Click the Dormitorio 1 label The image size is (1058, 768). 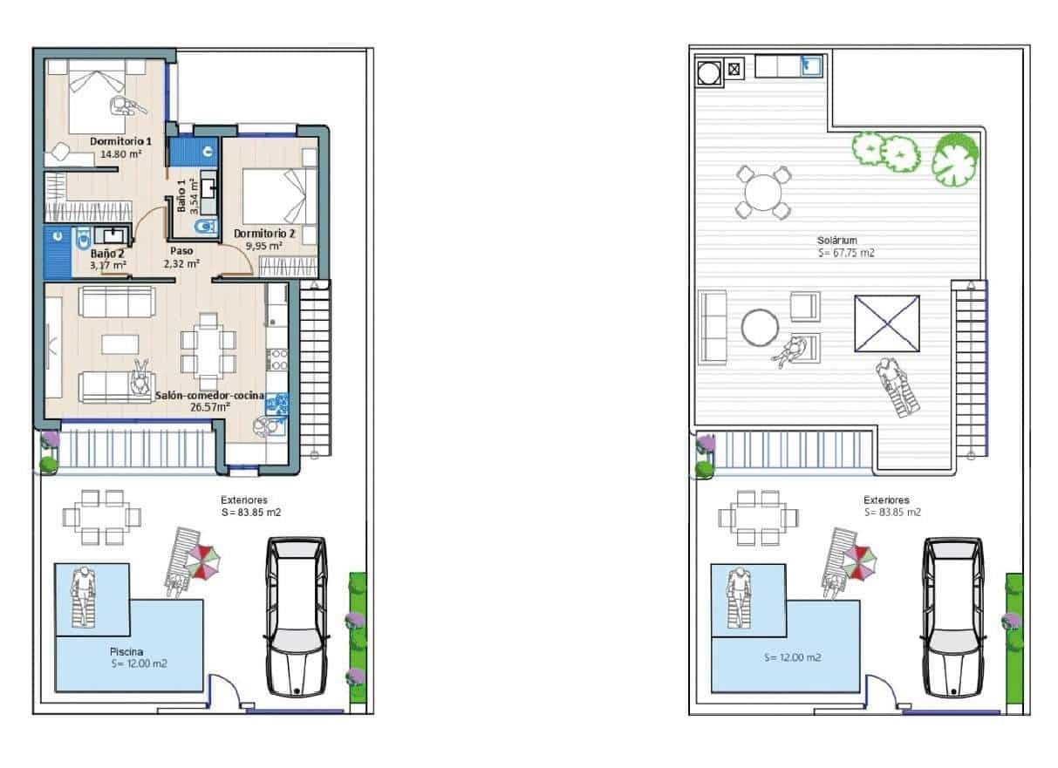click(x=120, y=140)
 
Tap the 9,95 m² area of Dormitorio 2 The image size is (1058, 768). click(x=263, y=246)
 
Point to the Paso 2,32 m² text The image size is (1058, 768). click(x=181, y=256)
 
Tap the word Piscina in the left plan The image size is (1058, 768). click(x=126, y=651)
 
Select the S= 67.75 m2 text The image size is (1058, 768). click(x=846, y=254)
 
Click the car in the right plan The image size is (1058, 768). click(x=953, y=616)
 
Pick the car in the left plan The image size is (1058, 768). click(x=297, y=616)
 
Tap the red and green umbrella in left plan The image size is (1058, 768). click(x=202, y=561)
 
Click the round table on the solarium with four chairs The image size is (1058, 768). click(x=762, y=191)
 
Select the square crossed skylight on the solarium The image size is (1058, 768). click(x=887, y=323)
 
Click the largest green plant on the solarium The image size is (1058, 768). click(x=956, y=160)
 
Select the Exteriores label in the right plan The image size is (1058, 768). click(x=886, y=500)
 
